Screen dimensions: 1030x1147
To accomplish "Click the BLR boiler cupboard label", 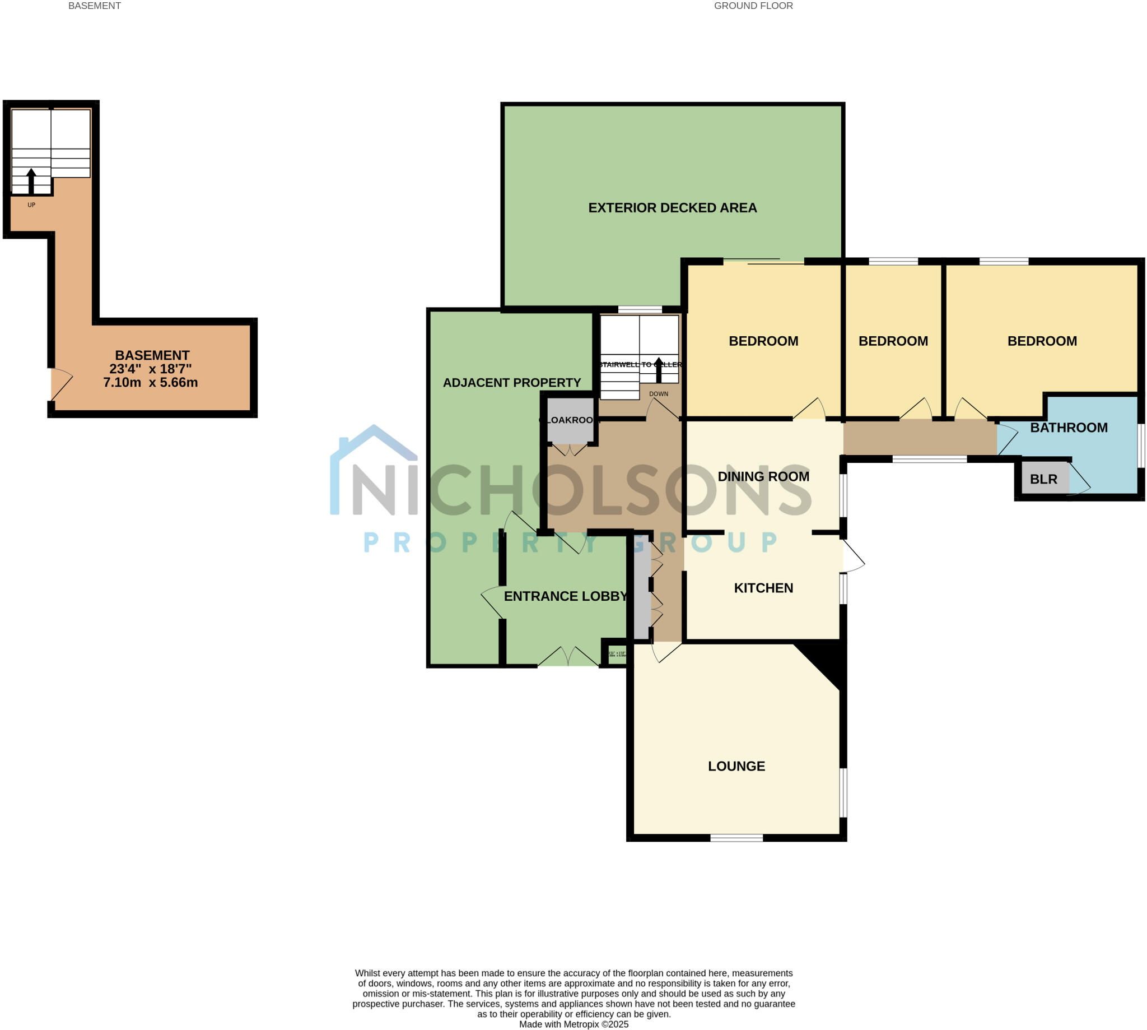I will [x=1043, y=479].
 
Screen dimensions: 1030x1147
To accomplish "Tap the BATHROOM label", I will [x=1069, y=428].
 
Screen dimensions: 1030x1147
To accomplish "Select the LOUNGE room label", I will [x=736, y=766].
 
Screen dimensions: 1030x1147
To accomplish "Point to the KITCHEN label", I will [x=763, y=588].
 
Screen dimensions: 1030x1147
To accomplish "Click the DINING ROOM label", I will [x=763, y=476].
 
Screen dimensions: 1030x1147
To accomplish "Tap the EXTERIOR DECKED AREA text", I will [x=672, y=208].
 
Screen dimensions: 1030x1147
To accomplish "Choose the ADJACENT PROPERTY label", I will [x=511, y=383].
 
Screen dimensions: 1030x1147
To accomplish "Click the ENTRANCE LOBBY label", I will [x=565, y=596].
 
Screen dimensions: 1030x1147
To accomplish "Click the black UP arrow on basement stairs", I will [x=31, y=180].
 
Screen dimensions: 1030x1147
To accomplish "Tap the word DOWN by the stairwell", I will [x=658, y=394].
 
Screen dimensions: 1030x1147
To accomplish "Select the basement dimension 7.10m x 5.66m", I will [x=151, y=383].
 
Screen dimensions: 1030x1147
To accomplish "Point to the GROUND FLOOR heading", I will [x=753, y=6].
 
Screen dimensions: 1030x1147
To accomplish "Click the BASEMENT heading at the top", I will [x=95, y=6].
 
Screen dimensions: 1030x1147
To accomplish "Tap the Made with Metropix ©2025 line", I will [x=573, y=1024].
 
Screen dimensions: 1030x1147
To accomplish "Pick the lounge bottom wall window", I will [x=736, y=838].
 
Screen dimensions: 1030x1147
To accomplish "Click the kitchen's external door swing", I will [x=852, y=556].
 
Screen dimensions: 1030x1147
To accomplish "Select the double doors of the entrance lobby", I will [x=568, y=657].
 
